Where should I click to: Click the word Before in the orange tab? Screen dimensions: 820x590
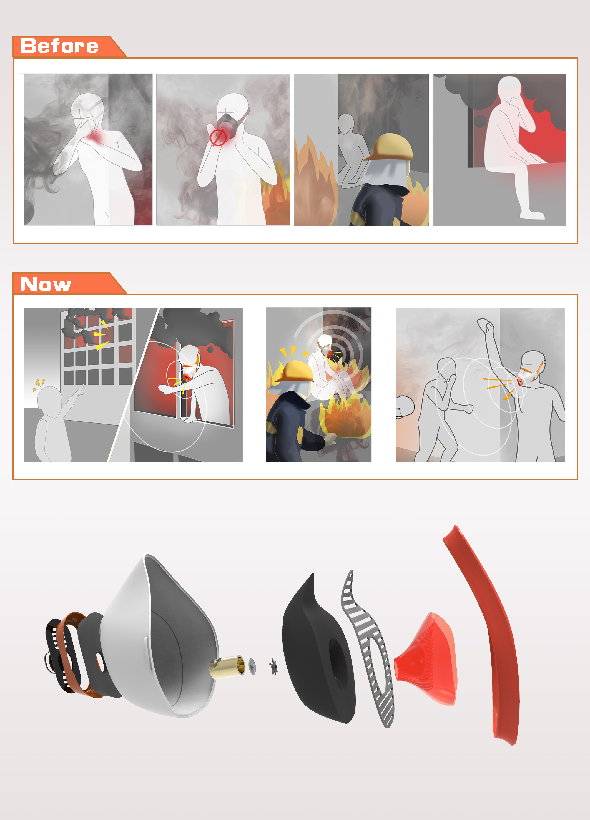coord(60,46)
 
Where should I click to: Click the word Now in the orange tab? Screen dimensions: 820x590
coord(46,284)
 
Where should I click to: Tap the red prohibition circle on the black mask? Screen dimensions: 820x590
coord(218,138)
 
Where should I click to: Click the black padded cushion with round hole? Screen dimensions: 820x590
coord(318,651)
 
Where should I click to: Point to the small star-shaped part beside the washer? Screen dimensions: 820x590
coord(274,666)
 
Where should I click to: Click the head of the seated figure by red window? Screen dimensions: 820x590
coord(509,87)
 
